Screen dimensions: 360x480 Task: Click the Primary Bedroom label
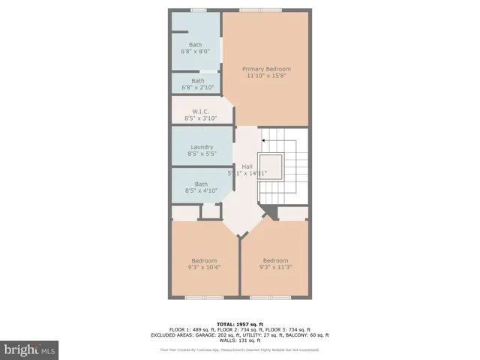(266, 68)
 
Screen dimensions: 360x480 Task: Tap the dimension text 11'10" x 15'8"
(266, 75)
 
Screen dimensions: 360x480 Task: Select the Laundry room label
(202, 147)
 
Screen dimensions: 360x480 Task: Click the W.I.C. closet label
(201, 112)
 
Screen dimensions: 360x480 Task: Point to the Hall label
(247, 166)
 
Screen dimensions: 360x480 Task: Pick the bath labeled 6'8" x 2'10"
(197, 81)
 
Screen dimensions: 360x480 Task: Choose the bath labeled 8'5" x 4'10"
(201, 184)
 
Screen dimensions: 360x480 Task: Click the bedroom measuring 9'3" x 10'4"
(203, 260)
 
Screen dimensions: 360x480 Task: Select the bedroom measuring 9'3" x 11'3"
(274, 260)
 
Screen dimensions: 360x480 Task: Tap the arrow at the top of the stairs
(263, 139)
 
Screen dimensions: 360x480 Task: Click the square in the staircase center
(271, 166)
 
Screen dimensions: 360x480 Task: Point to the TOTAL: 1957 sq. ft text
(239, 323)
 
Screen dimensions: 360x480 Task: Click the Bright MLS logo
(30, 349)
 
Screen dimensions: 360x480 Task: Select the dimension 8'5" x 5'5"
(202, 154)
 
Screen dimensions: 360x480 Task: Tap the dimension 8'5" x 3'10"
(201, 118)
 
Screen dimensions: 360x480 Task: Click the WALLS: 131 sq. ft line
(239, 340)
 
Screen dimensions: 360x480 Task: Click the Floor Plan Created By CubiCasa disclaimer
(239, 349)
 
